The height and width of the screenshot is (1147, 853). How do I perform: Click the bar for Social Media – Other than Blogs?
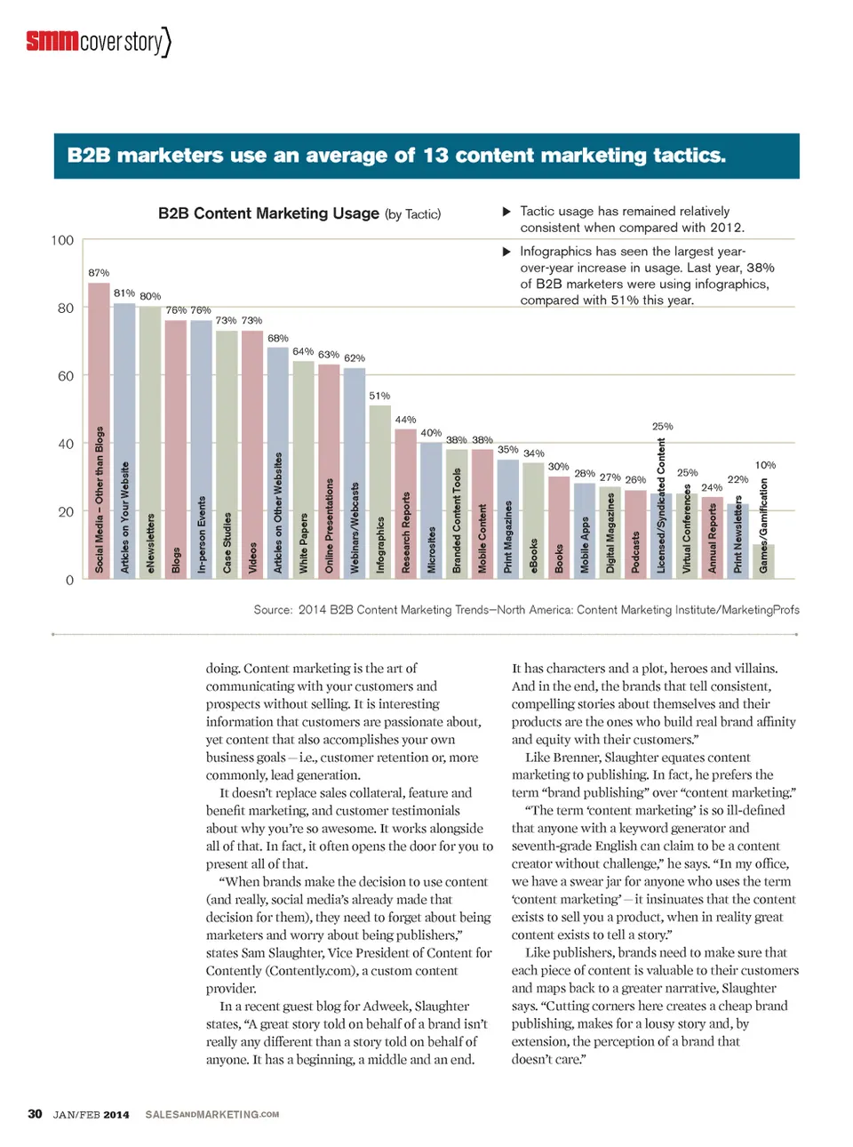click(x=99, y=431)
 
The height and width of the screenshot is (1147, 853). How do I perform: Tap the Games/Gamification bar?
click(x=763, y=561)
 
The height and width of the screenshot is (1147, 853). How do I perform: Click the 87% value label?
click(x=99, y=273)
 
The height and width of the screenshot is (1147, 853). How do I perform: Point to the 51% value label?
click(x=379, y=396)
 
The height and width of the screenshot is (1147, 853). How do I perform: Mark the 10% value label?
click(x=765, y=465)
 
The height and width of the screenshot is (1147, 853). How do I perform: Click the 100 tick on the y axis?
click(x=62, y=240)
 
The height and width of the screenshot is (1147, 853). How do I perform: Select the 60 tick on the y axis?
click(x=66, y=376)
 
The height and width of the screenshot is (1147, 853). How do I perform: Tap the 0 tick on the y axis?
click(x=69, y=580)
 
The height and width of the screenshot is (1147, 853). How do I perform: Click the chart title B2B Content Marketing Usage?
click(x=268, y=213)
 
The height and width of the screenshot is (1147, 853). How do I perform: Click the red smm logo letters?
click(x=52, y=41)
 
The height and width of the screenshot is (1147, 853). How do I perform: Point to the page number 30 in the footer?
click(x=35, y=1114)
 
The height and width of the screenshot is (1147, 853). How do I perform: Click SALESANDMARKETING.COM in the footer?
click(x=211, y=1114)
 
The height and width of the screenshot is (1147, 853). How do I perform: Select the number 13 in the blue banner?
click(x=435, y=156)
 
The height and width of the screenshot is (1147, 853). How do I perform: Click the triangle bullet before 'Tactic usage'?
click(x=506, y=212)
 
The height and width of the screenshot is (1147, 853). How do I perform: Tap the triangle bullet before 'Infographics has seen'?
click(x=506, y=252)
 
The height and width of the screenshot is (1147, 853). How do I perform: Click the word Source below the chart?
click(x=272, y=610)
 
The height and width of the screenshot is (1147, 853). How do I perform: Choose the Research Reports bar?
click(x=405, y=503)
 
